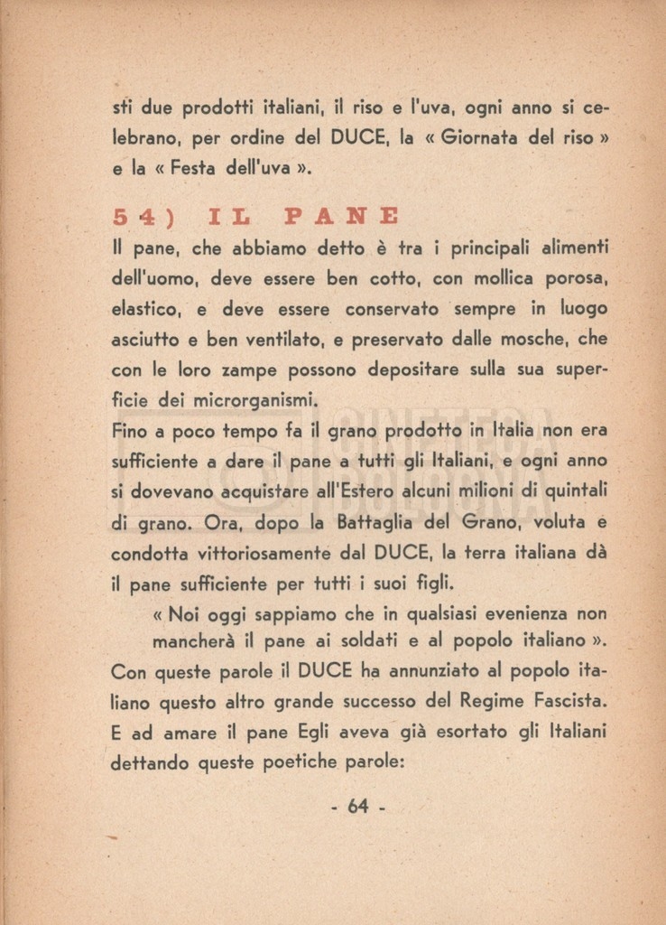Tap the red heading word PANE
pos(342,217)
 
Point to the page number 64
pos(358,807)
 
